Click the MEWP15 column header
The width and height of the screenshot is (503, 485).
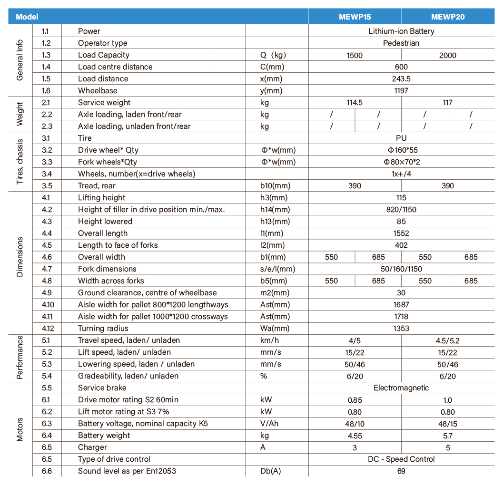pos(355,17)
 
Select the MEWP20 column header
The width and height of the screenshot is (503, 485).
pos(447,17)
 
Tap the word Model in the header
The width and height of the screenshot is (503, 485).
pos(27,17)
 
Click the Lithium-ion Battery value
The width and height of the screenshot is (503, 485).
pos(401,31)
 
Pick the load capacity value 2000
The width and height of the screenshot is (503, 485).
pos(447,55)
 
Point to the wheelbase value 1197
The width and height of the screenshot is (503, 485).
pos(401,91)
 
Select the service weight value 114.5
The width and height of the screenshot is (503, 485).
pos(355,103)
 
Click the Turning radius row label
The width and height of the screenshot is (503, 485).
pos(103,329)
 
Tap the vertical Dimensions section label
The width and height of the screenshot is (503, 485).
pos(20,257)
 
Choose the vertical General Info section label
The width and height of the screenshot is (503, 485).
pos(20,60)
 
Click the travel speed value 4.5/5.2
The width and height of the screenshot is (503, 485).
pos(447,340)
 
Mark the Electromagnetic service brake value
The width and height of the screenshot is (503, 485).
pos(401,388)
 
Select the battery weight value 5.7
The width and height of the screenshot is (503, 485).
pos(447,436)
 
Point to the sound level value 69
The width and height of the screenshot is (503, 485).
pos(401,471)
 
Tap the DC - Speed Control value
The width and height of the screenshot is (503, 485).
pos(401,459)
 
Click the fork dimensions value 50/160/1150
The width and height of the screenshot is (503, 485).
pos(401,269)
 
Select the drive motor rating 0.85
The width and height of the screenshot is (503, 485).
pos(355,400)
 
